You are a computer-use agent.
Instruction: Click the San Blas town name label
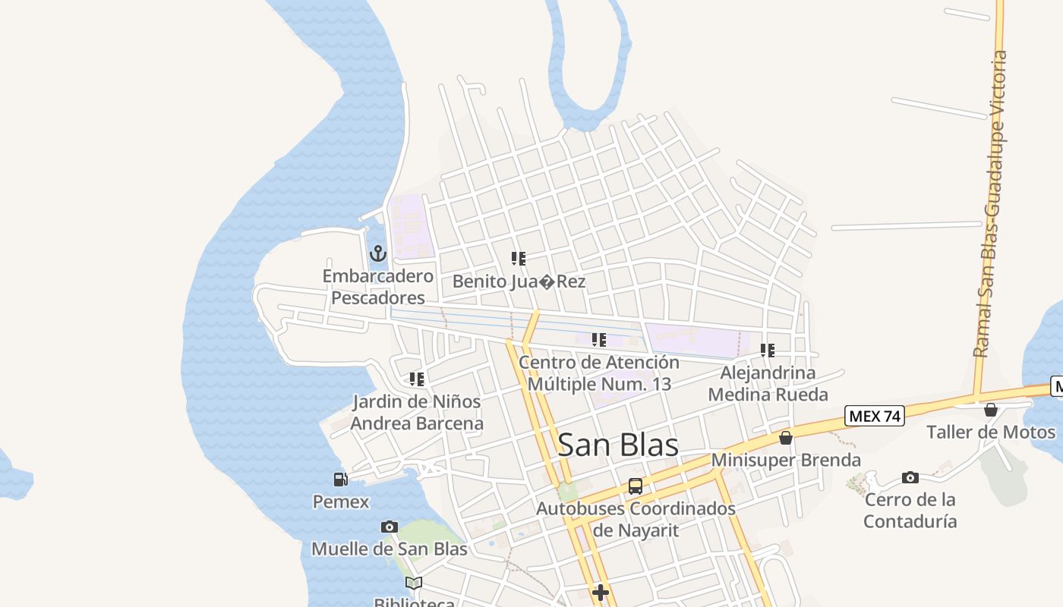point(618,445)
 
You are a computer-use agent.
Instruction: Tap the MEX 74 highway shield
point(874,416)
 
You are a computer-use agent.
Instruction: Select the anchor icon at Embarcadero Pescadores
point(377,253)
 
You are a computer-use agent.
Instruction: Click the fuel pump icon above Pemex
point(340,479)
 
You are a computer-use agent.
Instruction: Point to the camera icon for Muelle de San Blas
point(389,527)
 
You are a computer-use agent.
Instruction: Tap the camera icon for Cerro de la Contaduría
point(910,477)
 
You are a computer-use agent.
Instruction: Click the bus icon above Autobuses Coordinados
point(636,486)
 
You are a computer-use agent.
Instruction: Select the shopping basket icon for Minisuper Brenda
point(786,438)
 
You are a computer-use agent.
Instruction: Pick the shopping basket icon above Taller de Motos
point(991,410)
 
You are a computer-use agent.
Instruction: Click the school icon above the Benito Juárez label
point(519,259)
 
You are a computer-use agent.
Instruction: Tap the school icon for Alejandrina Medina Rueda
point(768,351)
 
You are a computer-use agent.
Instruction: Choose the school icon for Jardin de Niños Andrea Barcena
point(416,379)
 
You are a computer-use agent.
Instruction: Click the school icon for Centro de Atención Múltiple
point(599,340)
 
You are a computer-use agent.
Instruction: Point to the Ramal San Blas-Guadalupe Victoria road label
point(992,205)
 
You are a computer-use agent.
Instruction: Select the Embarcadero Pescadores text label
point(378,287)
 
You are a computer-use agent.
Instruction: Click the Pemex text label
point(341,502)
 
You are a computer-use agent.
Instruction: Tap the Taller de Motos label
point(990,432)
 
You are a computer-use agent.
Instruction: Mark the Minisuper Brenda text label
point(786,461)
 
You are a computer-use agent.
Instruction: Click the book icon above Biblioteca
point(414,583)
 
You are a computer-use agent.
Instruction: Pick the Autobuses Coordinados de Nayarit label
point(636,519)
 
